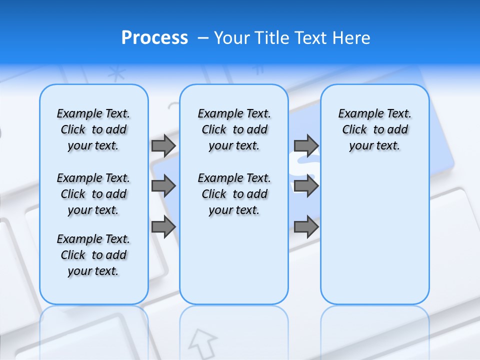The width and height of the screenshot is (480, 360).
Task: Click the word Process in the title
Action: point(154,38)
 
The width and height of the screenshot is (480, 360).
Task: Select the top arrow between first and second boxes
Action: point(163,145)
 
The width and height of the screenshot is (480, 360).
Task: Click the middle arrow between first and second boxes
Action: point(163,186)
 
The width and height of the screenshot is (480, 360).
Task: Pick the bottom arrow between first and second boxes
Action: point(163,227)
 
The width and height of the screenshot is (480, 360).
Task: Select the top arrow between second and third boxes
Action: point(306,145)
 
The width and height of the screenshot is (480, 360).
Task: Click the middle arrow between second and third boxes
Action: point(306,186)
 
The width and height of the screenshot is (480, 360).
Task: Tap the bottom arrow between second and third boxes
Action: point(306,227)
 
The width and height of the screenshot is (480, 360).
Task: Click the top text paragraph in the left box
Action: point(93,129)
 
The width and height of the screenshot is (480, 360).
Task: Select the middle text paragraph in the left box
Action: point(93,194)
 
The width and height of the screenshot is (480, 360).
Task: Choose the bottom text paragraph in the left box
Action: point(93,255)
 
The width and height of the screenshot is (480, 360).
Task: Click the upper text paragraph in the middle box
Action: point(234,129)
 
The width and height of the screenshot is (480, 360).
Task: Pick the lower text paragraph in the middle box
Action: point(234,194)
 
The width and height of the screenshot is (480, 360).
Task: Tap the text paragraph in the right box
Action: point(374,129)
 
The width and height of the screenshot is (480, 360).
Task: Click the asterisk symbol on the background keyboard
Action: point(116,74)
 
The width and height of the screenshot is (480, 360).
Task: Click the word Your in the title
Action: point(232,38)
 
